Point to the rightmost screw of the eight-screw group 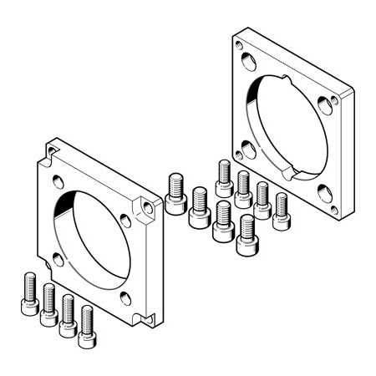point(281,211)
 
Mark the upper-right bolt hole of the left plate point(126,219)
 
